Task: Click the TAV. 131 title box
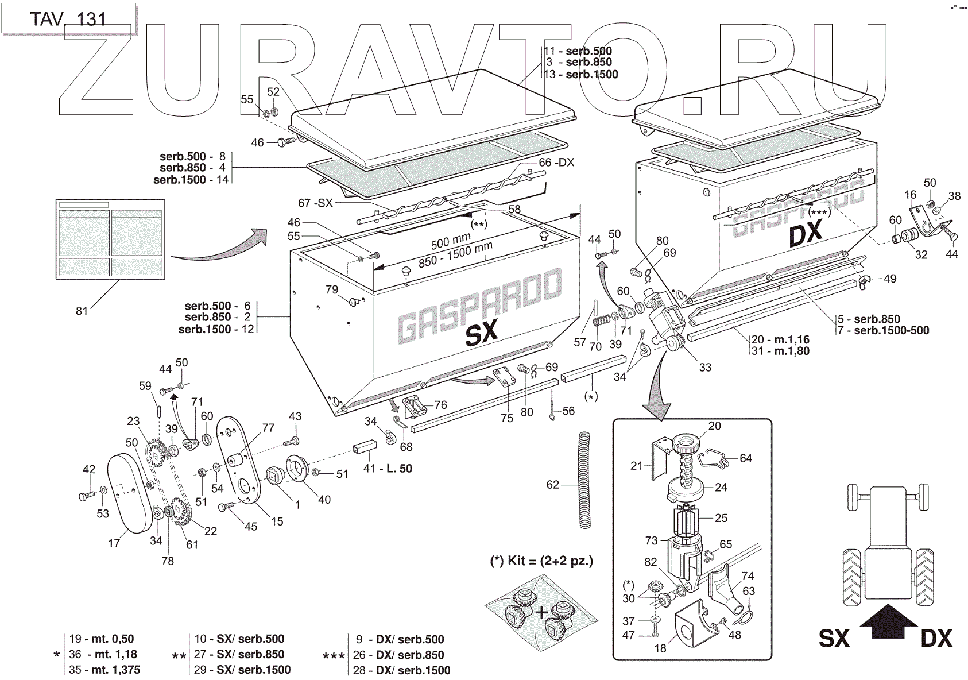coord(68,18)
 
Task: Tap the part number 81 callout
coord(82,311)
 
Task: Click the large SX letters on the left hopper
coord(481,334)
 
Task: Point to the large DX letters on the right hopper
coord(806,234)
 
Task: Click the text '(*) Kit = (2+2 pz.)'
coord(541,561)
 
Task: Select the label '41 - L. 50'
coord(388,469)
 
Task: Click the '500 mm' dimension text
coord(450,241)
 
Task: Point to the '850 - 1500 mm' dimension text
coord(455,254)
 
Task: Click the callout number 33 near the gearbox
coord(704,367)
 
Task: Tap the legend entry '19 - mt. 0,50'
coord(101,639)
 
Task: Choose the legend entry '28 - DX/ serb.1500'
coord(401,670)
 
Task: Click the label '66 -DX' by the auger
coord(556,163)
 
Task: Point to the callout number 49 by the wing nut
coord(889,279)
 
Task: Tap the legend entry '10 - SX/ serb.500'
coord(239,639)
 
